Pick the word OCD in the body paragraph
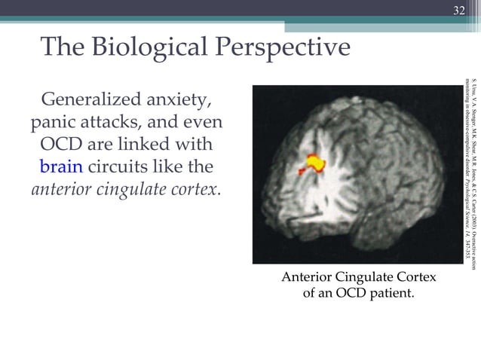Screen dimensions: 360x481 pyautogui.click(x=59, y=144)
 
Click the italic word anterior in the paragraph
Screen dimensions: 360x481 pyautogui.click(x=62, y=188)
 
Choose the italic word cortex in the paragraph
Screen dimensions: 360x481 pyautogui.click(x=200, y=188)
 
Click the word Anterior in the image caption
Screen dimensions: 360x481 pyautogui.click(x=311, y=278)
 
